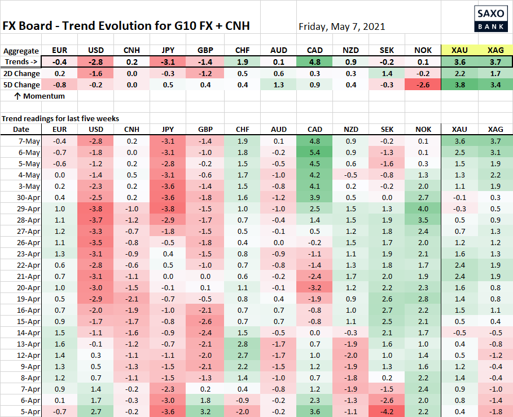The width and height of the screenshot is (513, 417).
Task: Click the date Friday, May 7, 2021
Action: point(341,26)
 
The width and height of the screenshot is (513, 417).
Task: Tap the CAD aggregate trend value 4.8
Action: point(314,61)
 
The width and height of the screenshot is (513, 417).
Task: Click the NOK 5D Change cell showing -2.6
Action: point(423,85)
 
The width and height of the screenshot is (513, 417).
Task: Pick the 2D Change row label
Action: point(22,73)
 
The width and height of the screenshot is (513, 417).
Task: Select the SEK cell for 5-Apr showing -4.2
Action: point(387,411)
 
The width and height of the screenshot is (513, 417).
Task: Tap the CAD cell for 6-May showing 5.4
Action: point(314,152)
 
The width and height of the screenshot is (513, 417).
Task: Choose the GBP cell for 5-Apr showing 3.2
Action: point(205,411)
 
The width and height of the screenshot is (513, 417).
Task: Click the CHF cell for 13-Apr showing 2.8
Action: point(242,344)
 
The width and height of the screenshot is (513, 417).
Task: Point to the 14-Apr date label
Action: point(28,332)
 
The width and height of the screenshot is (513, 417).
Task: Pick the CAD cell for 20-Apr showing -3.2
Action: point(314,287)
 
